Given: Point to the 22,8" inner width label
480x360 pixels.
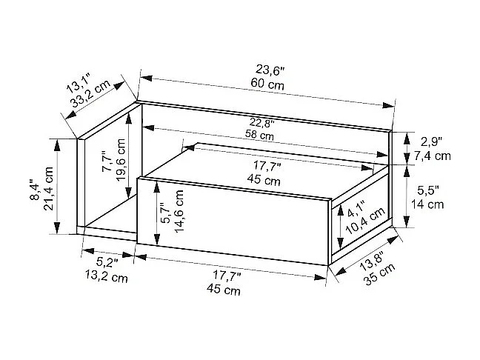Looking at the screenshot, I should (261, 124).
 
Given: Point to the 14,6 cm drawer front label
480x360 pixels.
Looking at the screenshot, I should (179, 211).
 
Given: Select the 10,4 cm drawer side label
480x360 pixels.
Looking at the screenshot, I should (372, 221).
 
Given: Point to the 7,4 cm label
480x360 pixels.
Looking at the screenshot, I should (433, 156).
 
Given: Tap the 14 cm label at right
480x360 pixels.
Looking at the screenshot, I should (429, 204).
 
